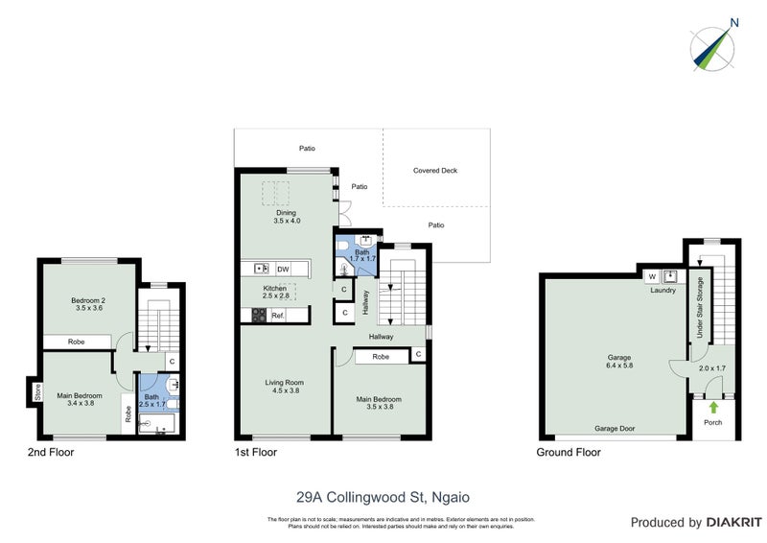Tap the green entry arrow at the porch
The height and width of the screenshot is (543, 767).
[713, 409]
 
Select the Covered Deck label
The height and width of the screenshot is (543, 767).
[435, 170]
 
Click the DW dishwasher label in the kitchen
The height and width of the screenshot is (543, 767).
[283, 269]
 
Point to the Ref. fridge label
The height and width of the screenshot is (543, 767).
[278, 315]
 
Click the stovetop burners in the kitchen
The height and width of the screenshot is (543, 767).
[257, 315]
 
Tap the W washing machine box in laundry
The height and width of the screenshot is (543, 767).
[652, 277]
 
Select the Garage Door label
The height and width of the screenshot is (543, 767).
[616, 430]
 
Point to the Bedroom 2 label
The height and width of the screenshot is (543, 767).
[88, 300]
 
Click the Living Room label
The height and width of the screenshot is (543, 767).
[284, 382]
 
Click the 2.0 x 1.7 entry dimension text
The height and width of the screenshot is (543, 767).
[711, 368]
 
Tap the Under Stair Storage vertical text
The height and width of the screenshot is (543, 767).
[701, 308]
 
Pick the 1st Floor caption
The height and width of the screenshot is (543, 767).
[256, 452]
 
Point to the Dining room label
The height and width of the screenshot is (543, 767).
[286, 213]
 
